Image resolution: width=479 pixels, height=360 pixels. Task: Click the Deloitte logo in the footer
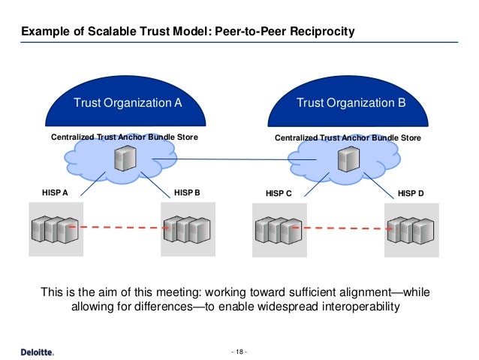tap(37, 351)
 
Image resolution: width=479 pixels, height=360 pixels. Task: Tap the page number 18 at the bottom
tap(239, 351)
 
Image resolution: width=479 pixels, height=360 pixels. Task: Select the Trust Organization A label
tap(127, 103)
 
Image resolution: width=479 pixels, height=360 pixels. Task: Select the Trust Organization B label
tap(351, 103)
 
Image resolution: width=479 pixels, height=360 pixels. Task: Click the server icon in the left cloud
tap(121, 159)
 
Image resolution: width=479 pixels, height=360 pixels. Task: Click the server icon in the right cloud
tap(346, 159)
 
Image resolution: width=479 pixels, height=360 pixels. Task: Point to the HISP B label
tap(187, 192)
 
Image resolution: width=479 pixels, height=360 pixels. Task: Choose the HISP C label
tap(279, 193)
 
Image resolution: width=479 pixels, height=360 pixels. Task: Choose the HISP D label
tap(411, 193)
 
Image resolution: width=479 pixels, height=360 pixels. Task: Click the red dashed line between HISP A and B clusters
tap(120, 226)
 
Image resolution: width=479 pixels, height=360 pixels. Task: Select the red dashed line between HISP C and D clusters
tap(345, 227)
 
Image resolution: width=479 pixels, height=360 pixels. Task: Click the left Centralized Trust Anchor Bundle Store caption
tap(124, 138)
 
